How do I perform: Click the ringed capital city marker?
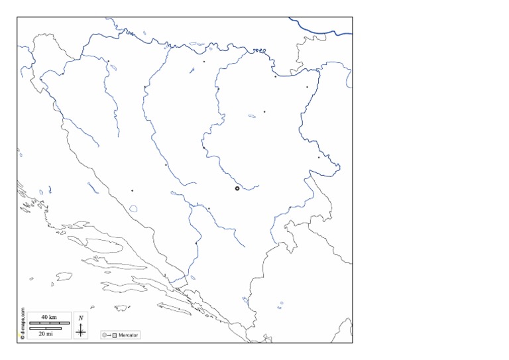[x=237, y=188]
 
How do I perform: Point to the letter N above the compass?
[x=81, y=318]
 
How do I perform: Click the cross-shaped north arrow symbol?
[x=81, y=329]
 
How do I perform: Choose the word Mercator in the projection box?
[x=129, y=335]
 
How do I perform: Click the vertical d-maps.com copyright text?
[x=22, y=324]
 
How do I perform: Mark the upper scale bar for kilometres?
[x=45, y=323]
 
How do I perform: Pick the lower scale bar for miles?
[x=45, y=328]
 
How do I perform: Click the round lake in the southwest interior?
[x=134, y=208]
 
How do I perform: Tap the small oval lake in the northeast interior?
[x=252, y=117]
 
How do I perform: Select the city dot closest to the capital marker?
[x=209, y=209]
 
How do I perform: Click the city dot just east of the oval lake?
[x=264, y=111]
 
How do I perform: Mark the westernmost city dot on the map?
[x=41, y=80]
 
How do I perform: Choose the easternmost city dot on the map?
[x=319, y=157]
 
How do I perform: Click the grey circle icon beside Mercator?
[x=105, y=335]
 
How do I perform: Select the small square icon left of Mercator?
[x=115, y=335]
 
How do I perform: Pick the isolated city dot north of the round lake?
[x=132, y=190]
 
